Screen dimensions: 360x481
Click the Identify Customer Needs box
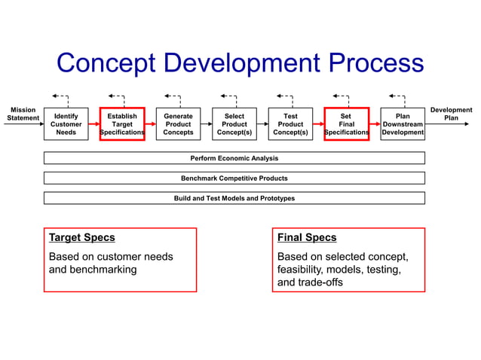point(66,124)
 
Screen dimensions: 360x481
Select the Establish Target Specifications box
point(121,124)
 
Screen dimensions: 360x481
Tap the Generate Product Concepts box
point(178,124)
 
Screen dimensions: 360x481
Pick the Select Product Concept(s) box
point(234,124)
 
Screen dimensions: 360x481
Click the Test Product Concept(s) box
point(290,124)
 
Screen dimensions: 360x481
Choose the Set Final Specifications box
point(346,124)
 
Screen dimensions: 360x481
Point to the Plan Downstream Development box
point(403,124)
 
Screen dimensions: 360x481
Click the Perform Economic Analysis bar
point(234,158)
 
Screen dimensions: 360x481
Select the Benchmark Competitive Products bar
point(234,178)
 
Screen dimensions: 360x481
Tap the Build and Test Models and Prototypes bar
point(234,198)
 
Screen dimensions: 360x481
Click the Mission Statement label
point(22,114)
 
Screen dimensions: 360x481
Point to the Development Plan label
point(451,114)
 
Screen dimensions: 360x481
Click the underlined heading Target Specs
point(82,238)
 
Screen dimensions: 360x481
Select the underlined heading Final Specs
point(307,238)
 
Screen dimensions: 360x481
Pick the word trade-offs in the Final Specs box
point(321,283)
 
